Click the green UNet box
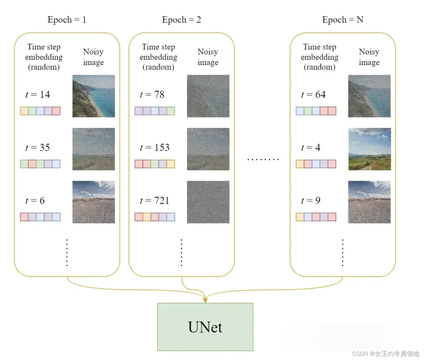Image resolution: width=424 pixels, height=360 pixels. [x=205, y=327]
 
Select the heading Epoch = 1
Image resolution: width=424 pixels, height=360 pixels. [x=67, y=20]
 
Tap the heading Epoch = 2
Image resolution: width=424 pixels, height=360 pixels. [x=181, y=20]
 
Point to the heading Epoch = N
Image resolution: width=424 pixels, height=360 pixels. [x=342, y=20]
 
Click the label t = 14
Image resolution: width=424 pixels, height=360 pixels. [x=38, y=94]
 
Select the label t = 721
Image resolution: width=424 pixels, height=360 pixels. [x=154, y=201]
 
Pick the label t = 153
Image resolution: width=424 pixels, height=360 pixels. [x=154, y=147]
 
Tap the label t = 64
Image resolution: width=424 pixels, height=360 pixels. [x=313, y=94]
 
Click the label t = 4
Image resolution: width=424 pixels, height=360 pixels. [x=311, y=147]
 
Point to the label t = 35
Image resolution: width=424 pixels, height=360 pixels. [x=38, y=147]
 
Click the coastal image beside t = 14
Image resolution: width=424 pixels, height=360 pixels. [x=94, y=96]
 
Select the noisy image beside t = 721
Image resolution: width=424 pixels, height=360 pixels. [x=208, y=202]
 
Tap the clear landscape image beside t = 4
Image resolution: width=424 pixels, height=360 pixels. [x=369, y=149]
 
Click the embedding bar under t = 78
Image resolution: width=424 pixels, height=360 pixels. [x=154, y=111]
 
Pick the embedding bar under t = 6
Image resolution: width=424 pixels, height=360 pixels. [x=40, y=217]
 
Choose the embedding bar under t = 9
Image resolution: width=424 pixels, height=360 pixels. [x=316, y=217]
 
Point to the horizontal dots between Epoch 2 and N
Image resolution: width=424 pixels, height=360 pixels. [x=263, y=159]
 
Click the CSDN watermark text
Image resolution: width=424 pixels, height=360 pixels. [x=385, y=354]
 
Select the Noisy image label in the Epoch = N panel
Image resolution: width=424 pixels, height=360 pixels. [x=369, y=57]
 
